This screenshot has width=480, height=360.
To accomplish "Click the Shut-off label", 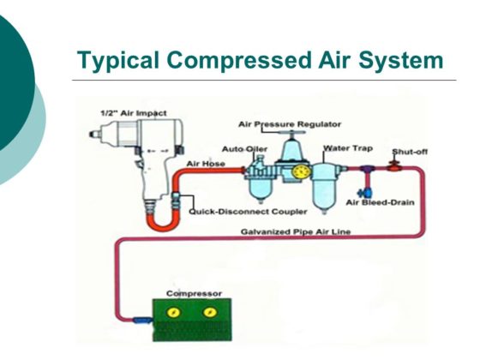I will [x=408, y=152].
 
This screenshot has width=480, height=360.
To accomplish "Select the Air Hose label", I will [x=205, y=161].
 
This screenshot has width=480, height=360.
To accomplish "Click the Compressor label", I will [x=194, y=294].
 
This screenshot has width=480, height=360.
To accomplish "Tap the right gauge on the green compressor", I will [x=209, y=315].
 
